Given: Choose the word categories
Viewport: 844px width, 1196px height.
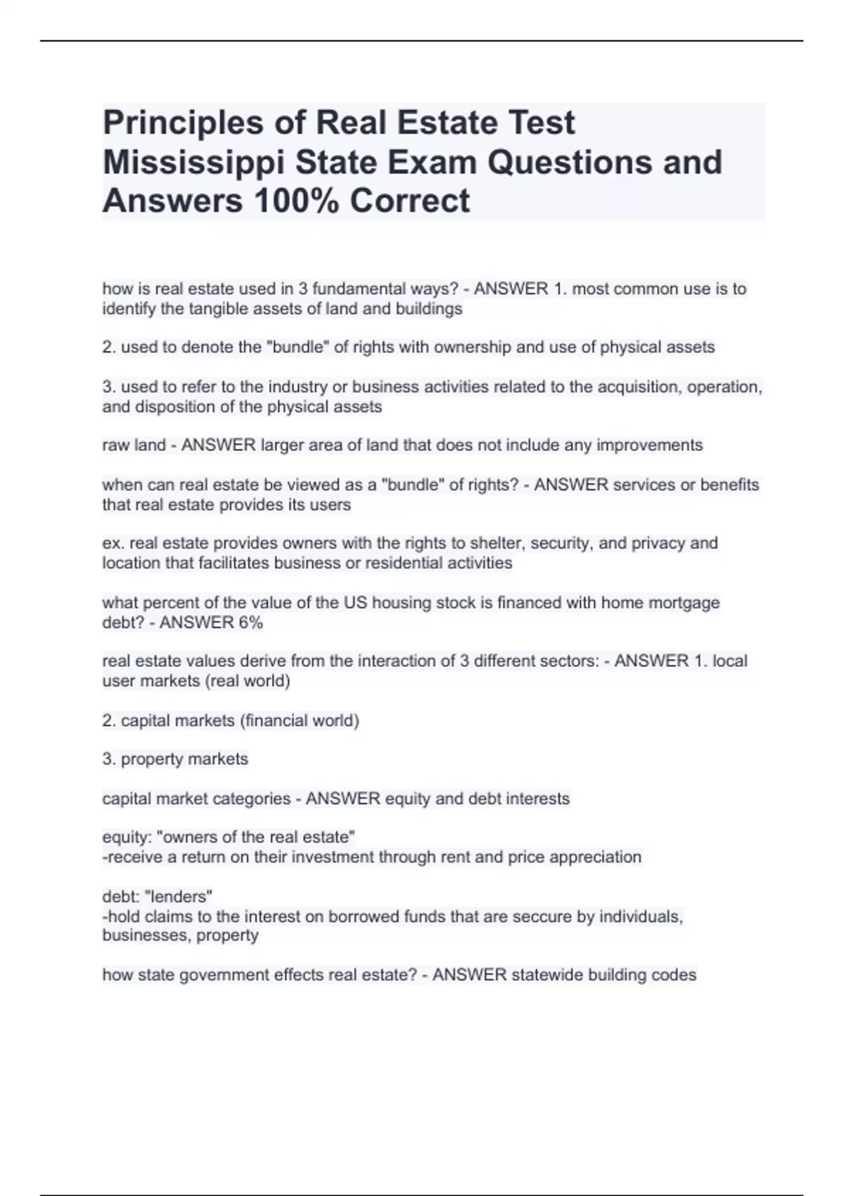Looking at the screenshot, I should [257, 799].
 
